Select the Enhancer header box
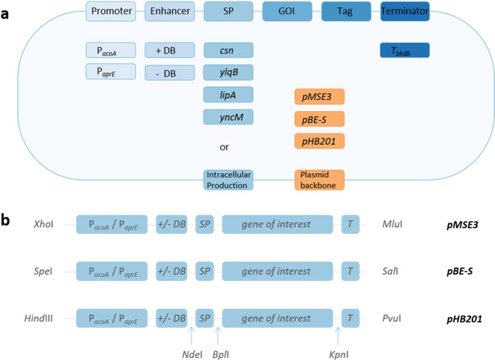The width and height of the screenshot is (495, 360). pyautogui.click(x=170, y=11)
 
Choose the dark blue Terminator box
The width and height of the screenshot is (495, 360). pyautogui.click(x=405, y=11)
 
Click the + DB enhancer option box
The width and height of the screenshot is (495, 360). pyautogui.click(x=170, y=50)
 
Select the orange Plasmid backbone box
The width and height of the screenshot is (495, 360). pyautogui.click(x=320, y=180)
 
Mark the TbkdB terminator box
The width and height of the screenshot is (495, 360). pyautogui.click(x=405, y=50)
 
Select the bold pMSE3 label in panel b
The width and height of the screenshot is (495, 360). pyautogui.click(x=462, y=225)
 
